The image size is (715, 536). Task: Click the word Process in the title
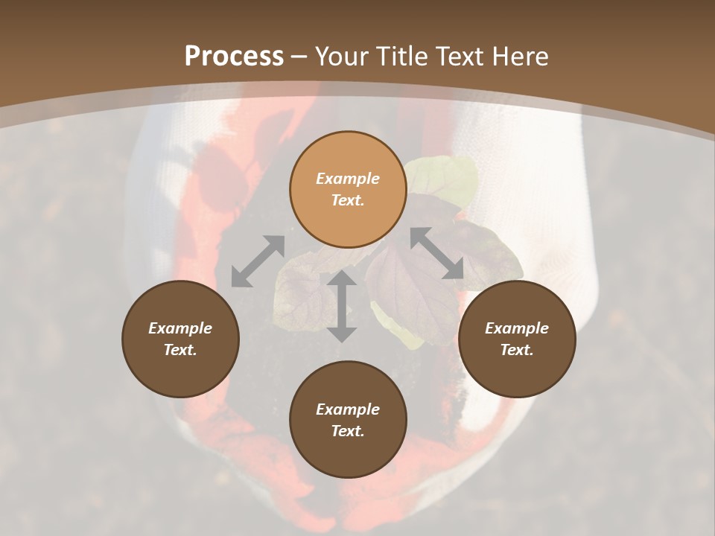(234, 57)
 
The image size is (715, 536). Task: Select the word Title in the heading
(404, 57)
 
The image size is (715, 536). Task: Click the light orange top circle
(348, 189)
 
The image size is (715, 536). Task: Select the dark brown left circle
(180, 339)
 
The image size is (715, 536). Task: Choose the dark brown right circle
(517, 339)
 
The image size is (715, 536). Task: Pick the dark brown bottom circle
(348, 420)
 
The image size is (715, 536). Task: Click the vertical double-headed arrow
(342, 306)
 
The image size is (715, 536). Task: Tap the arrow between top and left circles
(258, 261)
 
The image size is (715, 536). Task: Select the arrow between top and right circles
(437, 253)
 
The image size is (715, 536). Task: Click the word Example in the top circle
(348, 179)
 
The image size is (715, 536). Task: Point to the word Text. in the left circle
(180, 350)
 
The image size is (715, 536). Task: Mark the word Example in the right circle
(517, 328)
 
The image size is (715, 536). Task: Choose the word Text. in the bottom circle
(348, 431)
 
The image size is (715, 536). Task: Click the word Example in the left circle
(180, 328)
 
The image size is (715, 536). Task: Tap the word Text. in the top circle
(348, 200)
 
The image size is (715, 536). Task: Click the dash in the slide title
(299, 57)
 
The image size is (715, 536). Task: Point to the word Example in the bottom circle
(348, 409)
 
